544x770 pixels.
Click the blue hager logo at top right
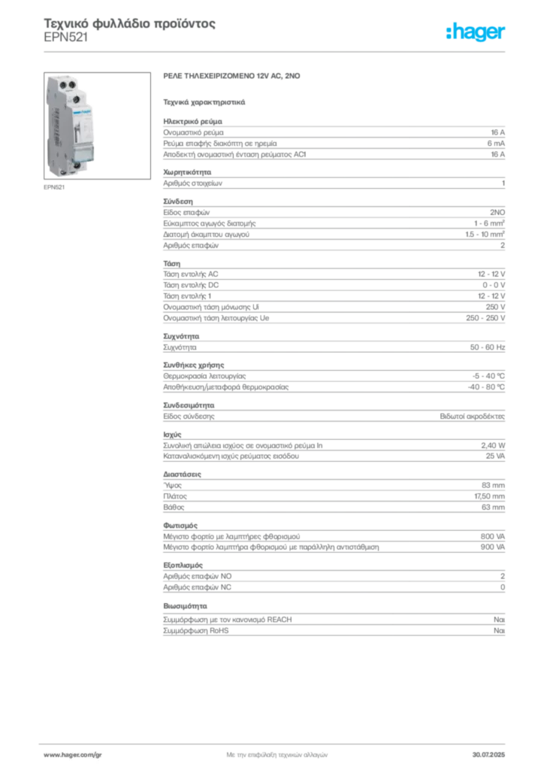(476, 32)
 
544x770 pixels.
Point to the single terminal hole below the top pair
(75, 99)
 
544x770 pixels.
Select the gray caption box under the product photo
(54, 188)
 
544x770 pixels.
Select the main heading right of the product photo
(235, 77)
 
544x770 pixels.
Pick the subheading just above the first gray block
(204, 101)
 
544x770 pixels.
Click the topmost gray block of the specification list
(334, 138)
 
